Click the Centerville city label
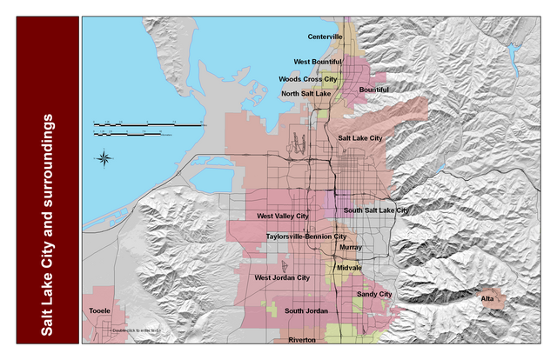click(x=325, y=37)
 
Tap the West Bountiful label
click(x=318, y=62)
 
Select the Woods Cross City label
click(x=307, y=78)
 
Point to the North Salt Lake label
click(x=305, y=93)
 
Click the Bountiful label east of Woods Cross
click(x=373, y=90)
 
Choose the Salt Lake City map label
click(x=359, y=138)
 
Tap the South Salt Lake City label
click(x=376, y=210)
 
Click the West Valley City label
click(x=282, y=216)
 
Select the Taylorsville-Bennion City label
click(x=306, y=236)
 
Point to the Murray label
click(x=351, y=247)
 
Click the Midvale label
click(x=348, y=268)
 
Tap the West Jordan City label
click(x=281, y=277)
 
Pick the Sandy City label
click(x=374, y=295)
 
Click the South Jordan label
click(x=305, y=311)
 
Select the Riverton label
click(x=302, y=341)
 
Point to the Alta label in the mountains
click(x=487, y=300)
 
